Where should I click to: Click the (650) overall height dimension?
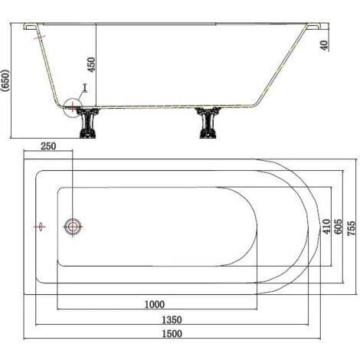(x=7, y=80)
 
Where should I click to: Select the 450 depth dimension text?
(x=92, y=64)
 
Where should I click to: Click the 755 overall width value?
(x=351, y=226)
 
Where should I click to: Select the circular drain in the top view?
(x=74, y=226)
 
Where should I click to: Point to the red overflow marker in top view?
(x=40, y=226)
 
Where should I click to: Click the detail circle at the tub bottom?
(x=72, y=106)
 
